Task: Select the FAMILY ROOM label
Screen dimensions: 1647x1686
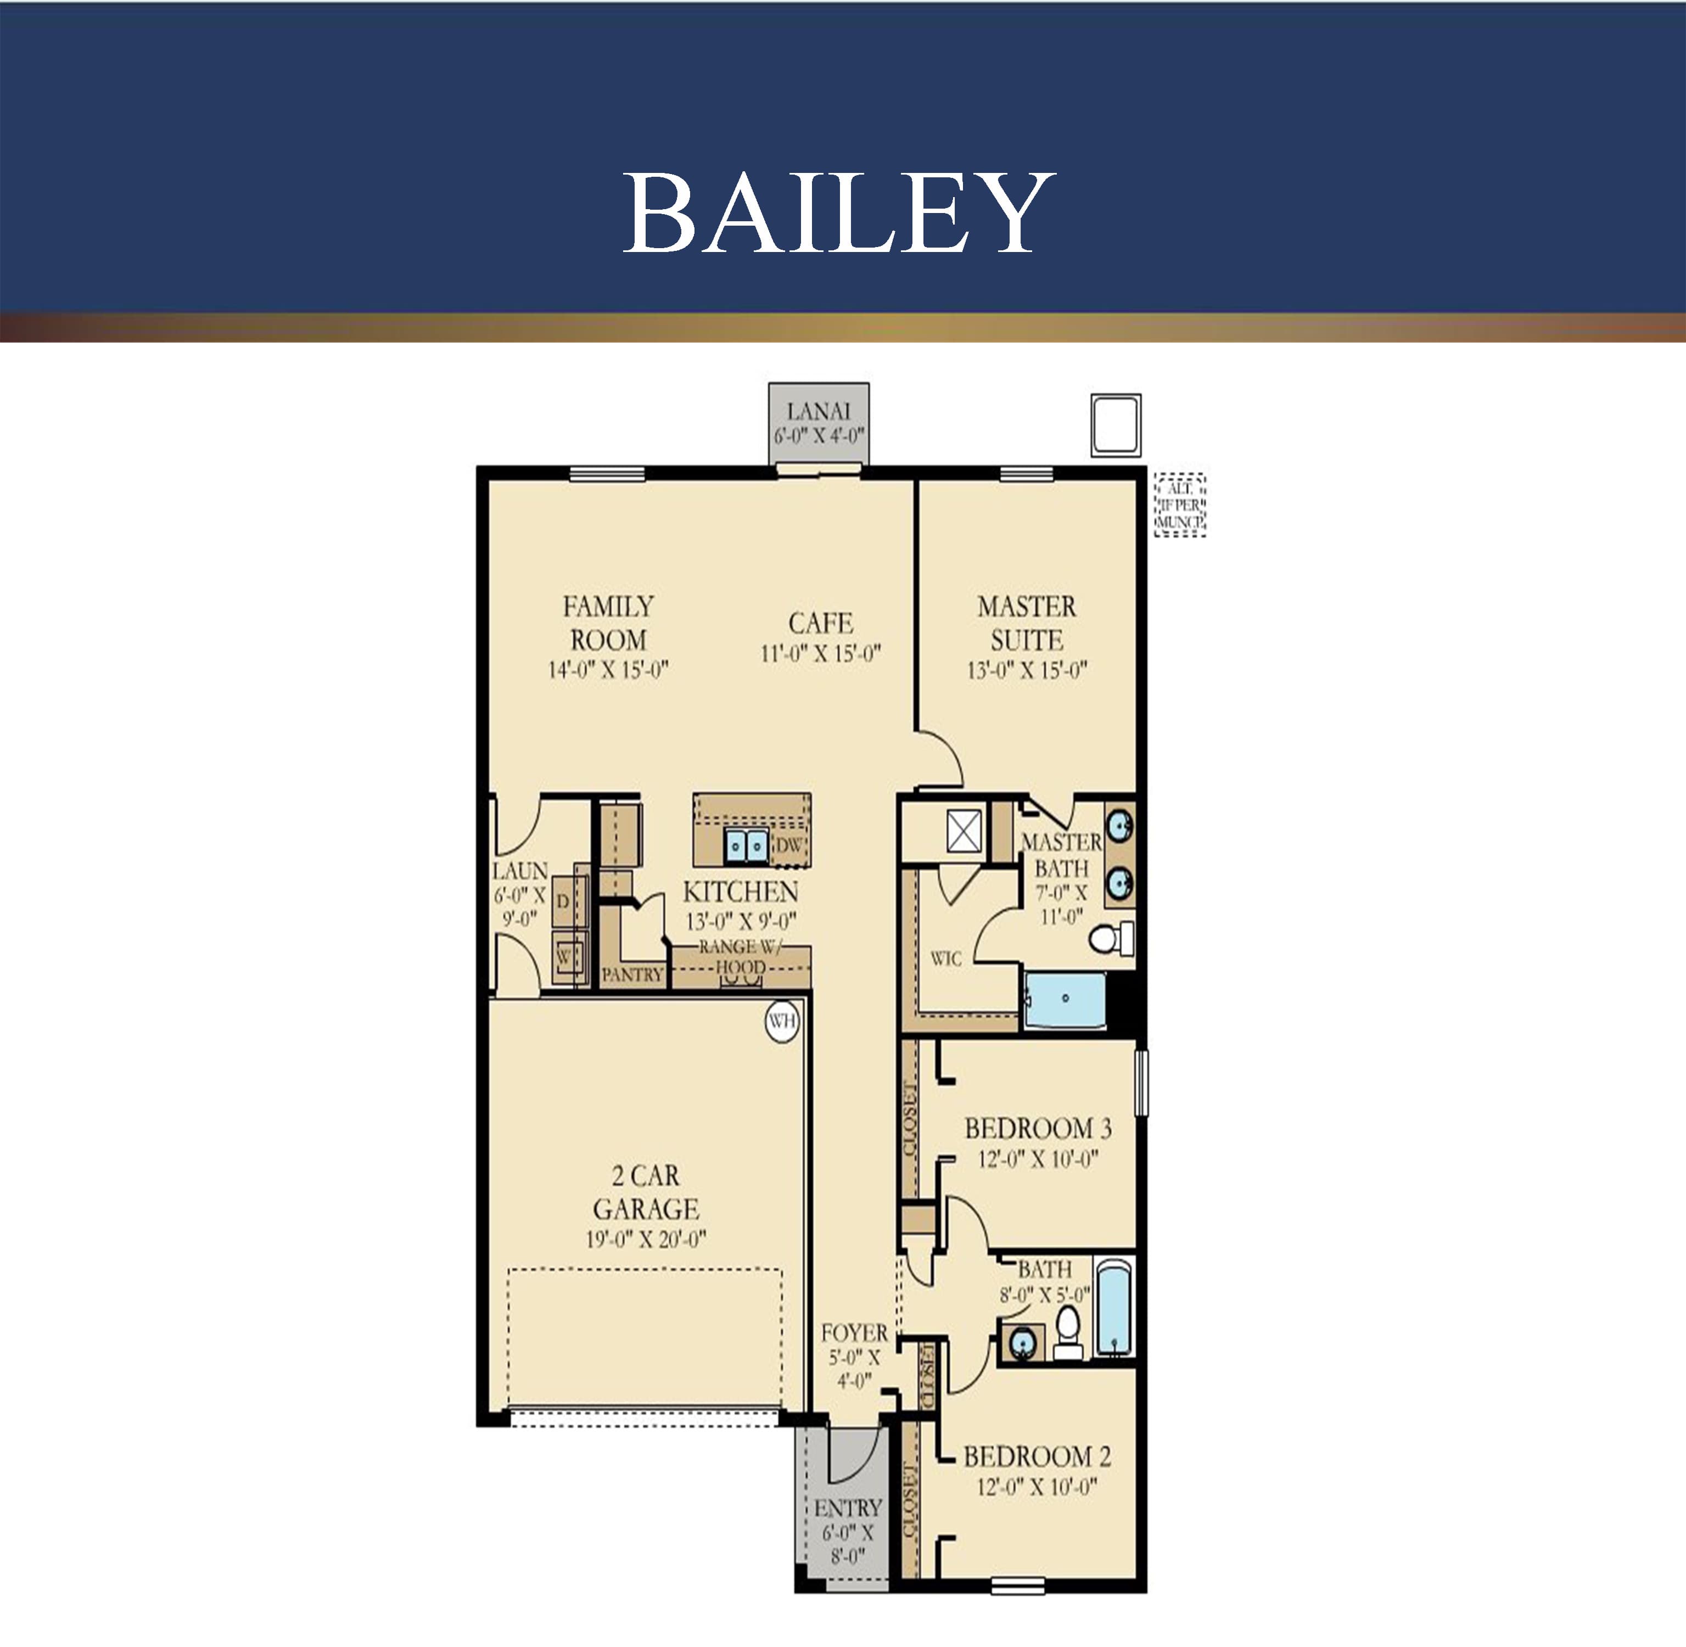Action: [x=608, y=623]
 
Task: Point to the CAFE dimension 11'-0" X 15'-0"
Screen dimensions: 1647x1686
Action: [x=820, y=654]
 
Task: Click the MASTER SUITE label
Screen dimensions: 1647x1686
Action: [x=1027, y=623]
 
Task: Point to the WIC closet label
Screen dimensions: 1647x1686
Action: [x=945, y=959]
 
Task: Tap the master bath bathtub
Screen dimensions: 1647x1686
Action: [x=1065, y=999]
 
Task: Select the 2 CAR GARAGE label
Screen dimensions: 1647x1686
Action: [x=645, y=1192]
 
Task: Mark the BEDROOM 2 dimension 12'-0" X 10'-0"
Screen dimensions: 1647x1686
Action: [x=1037, y=1486]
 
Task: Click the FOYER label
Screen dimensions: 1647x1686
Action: [x=854, y=1333]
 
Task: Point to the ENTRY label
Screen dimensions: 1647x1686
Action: [x=848, y=1508]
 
